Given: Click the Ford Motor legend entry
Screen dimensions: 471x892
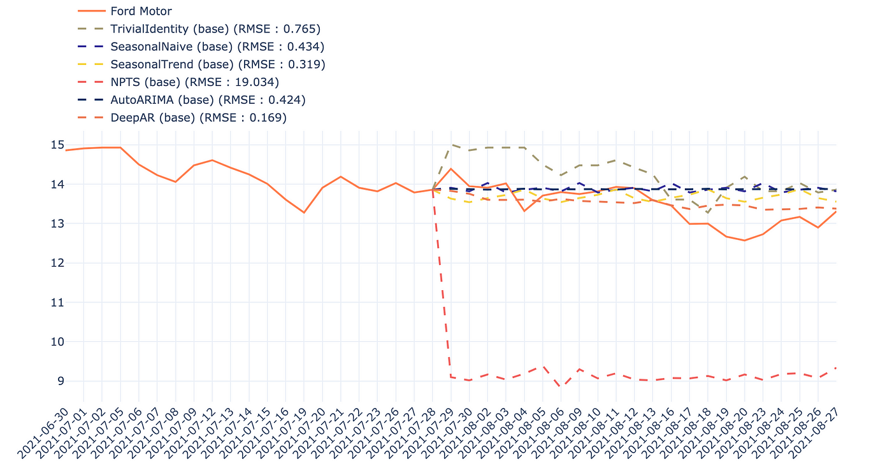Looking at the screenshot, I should (x=141, y=11).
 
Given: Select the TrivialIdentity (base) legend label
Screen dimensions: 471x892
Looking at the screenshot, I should (x=215, y=29).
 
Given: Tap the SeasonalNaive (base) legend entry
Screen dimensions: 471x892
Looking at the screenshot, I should (x=217, y=46).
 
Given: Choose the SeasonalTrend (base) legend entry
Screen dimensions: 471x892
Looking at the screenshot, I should (x=217, y=64).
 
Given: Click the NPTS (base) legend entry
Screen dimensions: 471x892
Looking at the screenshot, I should (x=194, y=82).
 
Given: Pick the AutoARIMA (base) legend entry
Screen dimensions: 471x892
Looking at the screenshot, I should (x=208, y=100).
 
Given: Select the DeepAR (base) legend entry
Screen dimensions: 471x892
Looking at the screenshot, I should (x=198, y=118).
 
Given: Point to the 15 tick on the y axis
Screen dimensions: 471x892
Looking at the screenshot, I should (x=57, y=145).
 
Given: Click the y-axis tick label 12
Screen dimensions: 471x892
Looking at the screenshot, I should (x=57, y=263).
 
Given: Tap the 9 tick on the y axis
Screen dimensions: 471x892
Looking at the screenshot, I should (x=60, y=381).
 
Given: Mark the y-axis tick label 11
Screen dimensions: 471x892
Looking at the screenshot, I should (x=57, y=302).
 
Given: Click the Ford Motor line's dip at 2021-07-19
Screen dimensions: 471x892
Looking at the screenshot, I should (x=304, y=212).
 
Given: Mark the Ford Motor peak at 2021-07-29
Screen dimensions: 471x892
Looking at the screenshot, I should (x=451, y=169).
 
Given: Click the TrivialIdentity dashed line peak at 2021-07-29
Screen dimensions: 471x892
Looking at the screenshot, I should (x=451, y=144).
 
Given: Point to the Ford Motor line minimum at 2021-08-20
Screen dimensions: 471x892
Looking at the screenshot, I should (x=744, y=240).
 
